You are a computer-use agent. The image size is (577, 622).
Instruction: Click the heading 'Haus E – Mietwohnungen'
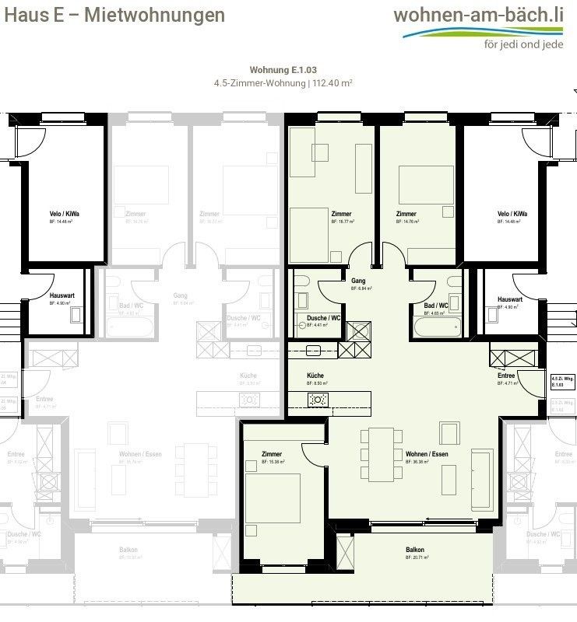(115, 15)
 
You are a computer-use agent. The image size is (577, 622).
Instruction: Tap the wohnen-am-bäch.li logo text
(478, 14)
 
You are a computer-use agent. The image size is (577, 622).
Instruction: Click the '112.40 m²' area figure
(332, 82)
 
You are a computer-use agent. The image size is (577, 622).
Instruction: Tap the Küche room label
(315, 375)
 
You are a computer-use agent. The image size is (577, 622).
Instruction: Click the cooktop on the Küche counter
(318, 400)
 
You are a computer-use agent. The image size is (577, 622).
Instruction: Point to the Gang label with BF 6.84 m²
(358, 281)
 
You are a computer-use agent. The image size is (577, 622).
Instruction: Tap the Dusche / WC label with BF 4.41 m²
(323, 318)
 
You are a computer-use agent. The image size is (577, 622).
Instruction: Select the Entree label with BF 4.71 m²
(506, 376)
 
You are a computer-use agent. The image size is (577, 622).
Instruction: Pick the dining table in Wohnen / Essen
(382, 454)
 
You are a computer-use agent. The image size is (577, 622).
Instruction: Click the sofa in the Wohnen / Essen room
(480, 479)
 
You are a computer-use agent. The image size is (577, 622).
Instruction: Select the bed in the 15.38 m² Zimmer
(273, 498)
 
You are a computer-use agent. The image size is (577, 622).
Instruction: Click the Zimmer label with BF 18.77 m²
(341, 214)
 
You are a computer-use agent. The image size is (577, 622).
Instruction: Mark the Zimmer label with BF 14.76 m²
(406, 214)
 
